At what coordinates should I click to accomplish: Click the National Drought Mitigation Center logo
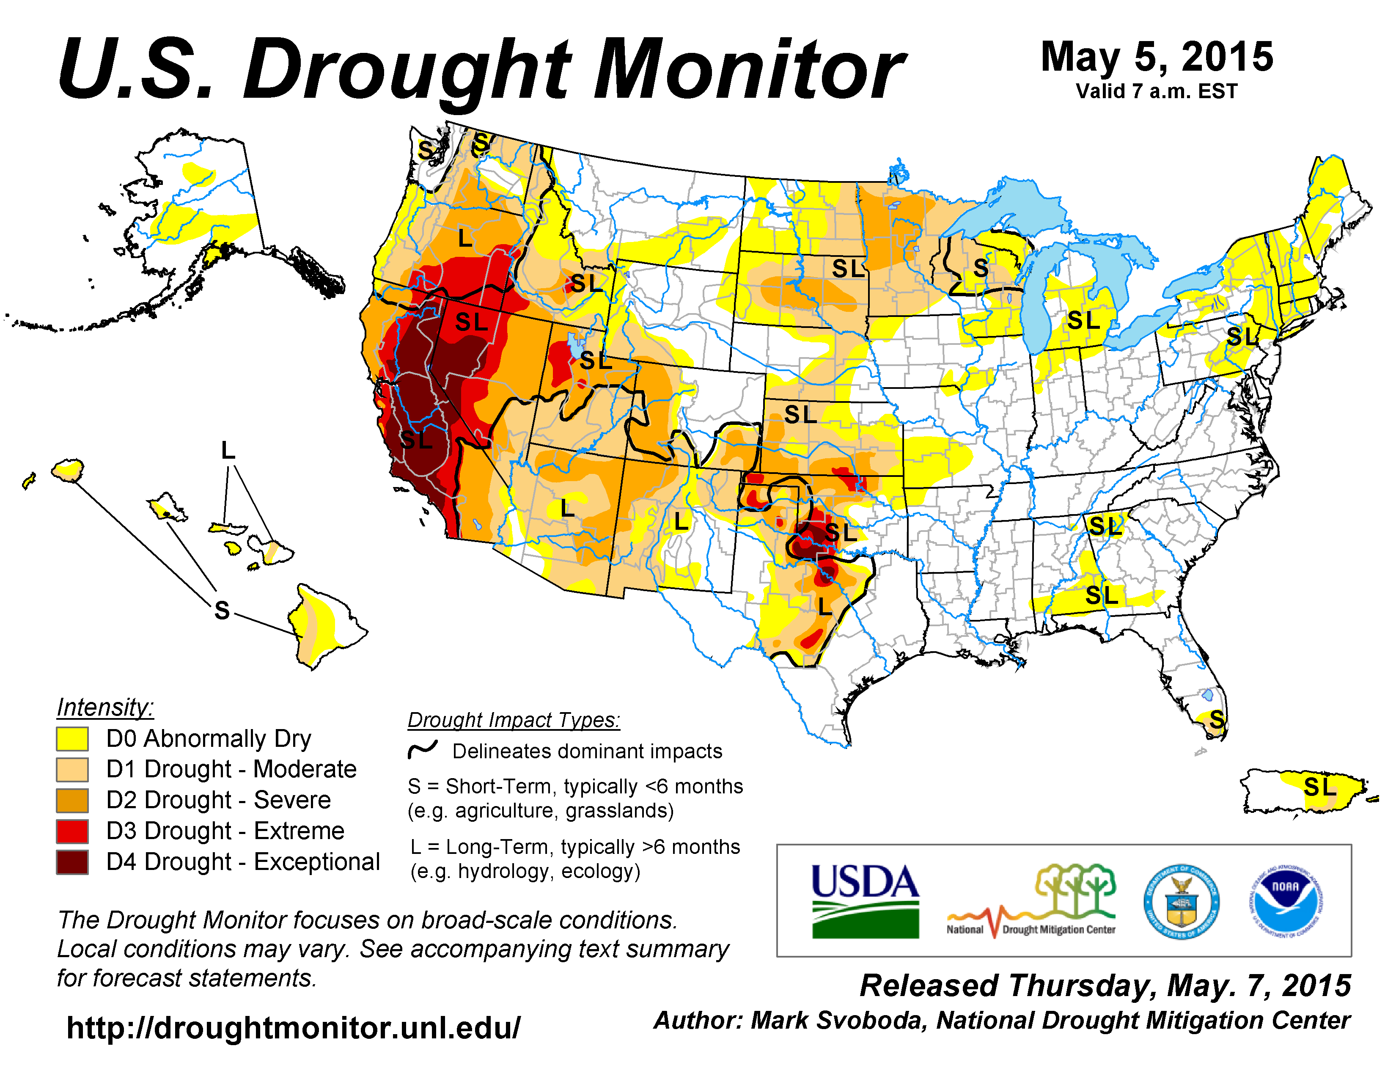1032,901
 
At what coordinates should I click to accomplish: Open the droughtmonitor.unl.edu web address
294,1028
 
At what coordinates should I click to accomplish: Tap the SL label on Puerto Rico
1320,787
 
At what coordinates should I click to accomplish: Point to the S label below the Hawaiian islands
222,611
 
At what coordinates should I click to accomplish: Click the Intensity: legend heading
105,707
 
